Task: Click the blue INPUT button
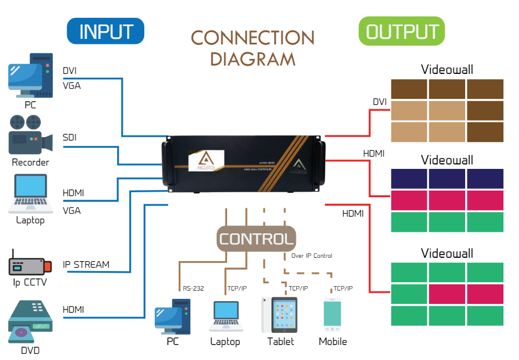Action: tap(105, 31)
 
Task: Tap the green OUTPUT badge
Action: tap(402, 31)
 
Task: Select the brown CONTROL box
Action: tap(256, 239)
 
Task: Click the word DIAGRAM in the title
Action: tap(253, 58)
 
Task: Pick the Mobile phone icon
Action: tap(332, 316)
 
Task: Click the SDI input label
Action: tap(70, 137)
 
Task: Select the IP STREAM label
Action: tap(86, 264)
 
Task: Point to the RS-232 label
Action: tap(194, 288)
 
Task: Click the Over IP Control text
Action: tap(312, 256)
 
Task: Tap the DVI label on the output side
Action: tap(380, 102)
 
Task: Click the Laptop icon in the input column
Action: tap(28, 194)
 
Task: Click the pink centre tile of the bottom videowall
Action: tap(447, 293)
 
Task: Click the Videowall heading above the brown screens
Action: tap(447, 69)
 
